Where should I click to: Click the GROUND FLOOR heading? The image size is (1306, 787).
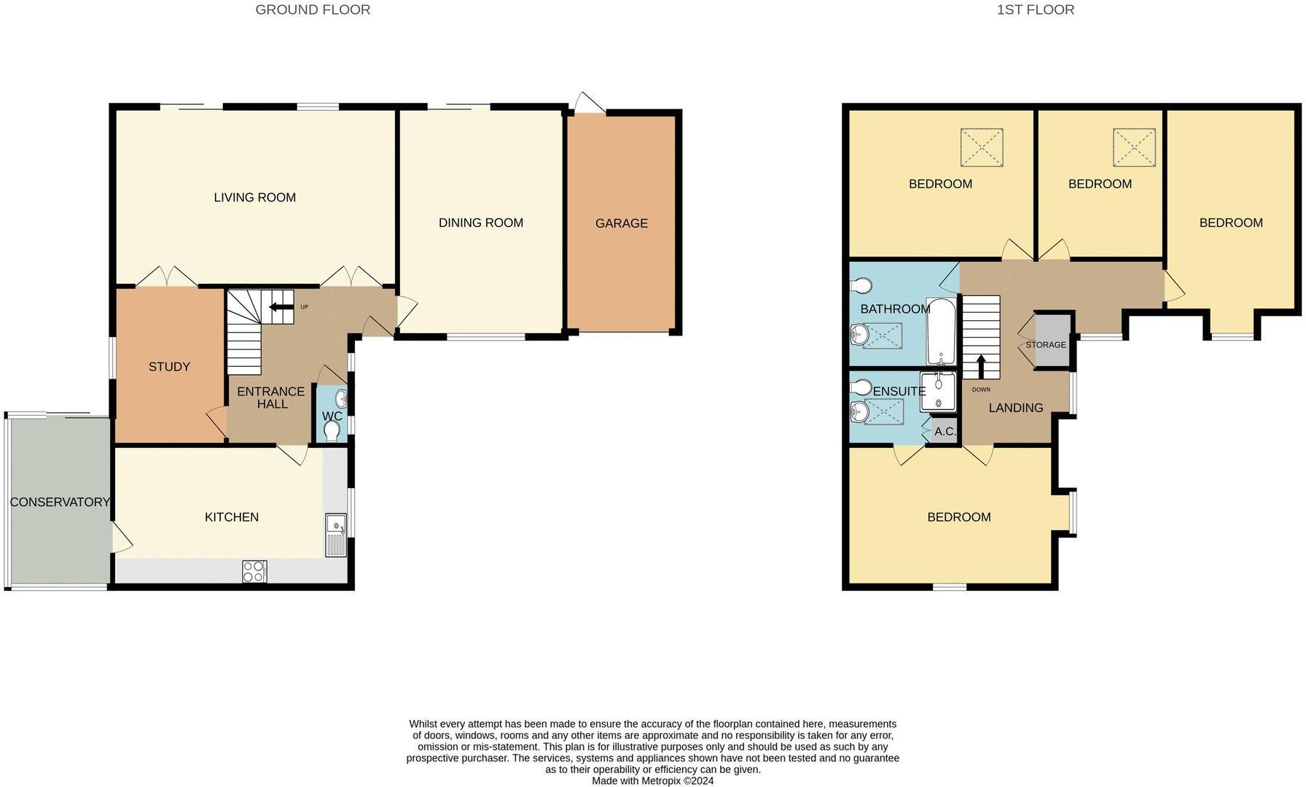pos(313,9)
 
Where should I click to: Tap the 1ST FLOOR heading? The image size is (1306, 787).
pos(1036,9)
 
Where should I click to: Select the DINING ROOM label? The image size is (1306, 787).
pos(481,222)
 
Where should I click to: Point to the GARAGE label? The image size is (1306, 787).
pos(622,223)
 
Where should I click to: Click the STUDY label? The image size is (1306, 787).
pos(169,366)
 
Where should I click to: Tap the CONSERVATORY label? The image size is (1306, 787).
pos(60,502)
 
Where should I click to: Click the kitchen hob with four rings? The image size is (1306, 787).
pos(254,571)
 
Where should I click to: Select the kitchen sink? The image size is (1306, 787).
pos(336,535)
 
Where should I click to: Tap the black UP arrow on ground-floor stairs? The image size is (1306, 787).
pos(280,307)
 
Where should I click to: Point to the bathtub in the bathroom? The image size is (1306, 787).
pos(941,331)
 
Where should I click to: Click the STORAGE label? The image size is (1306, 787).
pos(1046,344)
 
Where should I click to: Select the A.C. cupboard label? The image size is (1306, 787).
pos(945,431)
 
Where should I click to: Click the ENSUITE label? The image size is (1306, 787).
pos(899,391)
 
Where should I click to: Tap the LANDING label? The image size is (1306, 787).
pos(1016,408)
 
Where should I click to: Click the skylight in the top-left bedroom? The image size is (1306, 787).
pos(982,147)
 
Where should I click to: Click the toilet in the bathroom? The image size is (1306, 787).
pos(861,284)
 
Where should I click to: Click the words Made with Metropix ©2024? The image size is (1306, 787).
pos(653,780)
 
